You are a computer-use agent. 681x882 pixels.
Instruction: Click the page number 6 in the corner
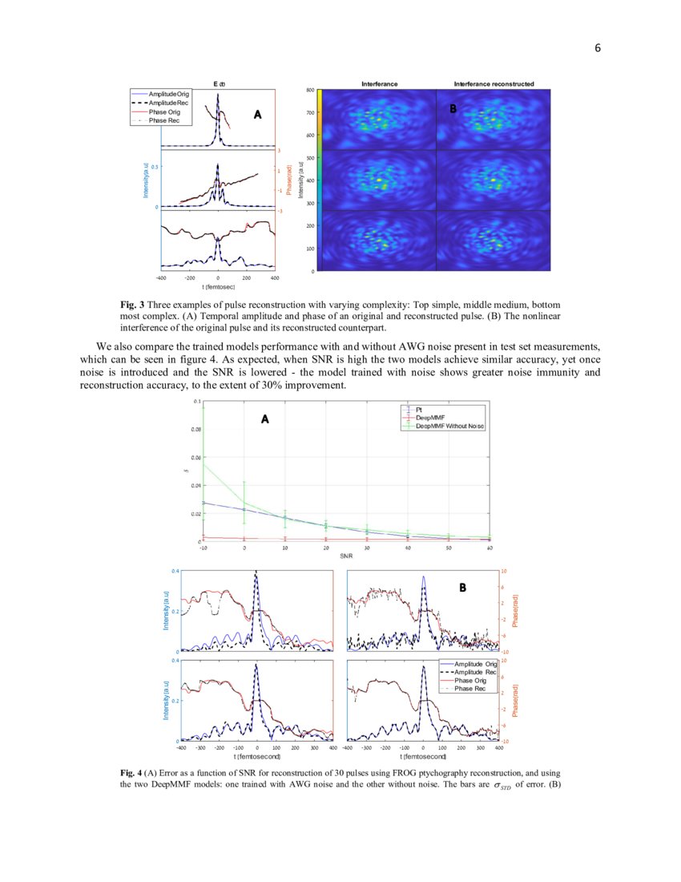(598, 48)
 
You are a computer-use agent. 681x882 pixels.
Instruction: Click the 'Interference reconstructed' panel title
(494, 83)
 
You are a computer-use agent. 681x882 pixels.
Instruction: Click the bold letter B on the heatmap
(453, 109)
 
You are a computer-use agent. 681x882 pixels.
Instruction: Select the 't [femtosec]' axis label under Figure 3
(218, 286)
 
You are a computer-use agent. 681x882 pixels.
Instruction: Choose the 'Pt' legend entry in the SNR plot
(419, 410)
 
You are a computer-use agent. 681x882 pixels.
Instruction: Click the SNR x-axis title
(347, 555)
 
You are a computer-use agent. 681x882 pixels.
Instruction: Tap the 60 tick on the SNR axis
(489, 547)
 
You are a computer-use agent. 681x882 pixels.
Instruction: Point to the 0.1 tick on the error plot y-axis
(197, 400)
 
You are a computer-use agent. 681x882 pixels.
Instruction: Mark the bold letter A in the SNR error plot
(265, 419)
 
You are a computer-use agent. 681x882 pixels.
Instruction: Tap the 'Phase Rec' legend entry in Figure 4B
(469, 689)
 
